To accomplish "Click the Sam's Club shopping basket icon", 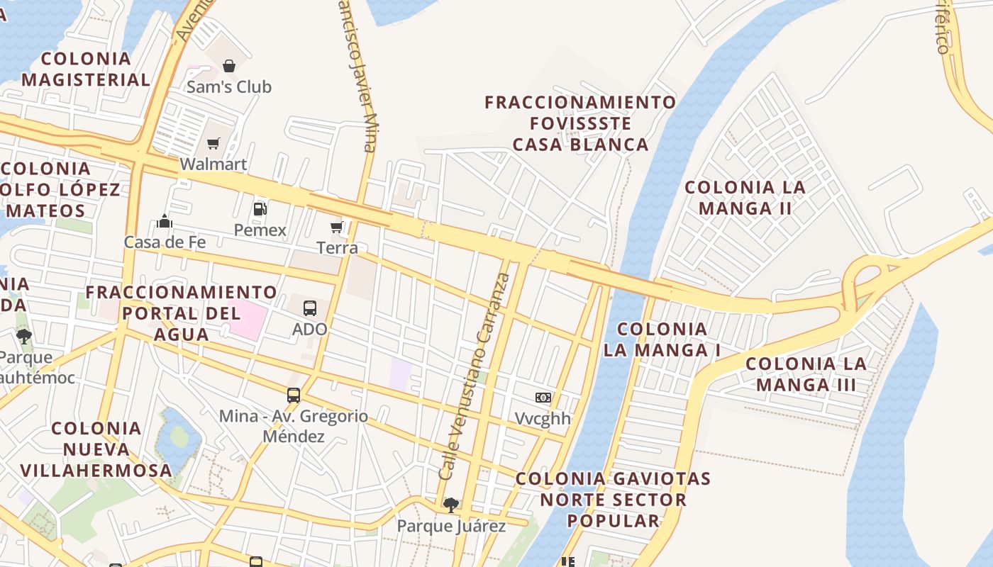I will [x=229, y=67].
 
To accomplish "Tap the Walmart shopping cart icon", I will [x=213, y=144].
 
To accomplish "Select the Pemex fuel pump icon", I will [x=260, y=209].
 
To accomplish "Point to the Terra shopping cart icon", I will [x=337, y=228].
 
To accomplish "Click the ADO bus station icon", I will [x=310, y=308].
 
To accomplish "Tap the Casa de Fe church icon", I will [x=165, y=222].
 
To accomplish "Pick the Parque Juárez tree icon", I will [x=450, y=505].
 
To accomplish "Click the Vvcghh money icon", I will [x=543, y=398].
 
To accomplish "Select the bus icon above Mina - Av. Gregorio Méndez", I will [x=294, y=395].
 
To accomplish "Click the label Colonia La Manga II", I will [x=745, y=198].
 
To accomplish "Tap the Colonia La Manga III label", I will [x=806, y=374].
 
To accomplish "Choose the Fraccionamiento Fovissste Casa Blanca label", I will [x=580, y=123].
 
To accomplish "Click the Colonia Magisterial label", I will [x=86, y=69].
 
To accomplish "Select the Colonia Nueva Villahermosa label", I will [x=96, y=449].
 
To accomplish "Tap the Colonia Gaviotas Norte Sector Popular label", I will [x=613, y=500].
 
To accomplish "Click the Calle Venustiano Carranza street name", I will [x=475, y=376].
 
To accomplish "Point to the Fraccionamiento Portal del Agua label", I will [x=181, y=313].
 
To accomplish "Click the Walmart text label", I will [x=213, y=164].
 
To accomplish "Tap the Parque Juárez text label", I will [x=451, y=526].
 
